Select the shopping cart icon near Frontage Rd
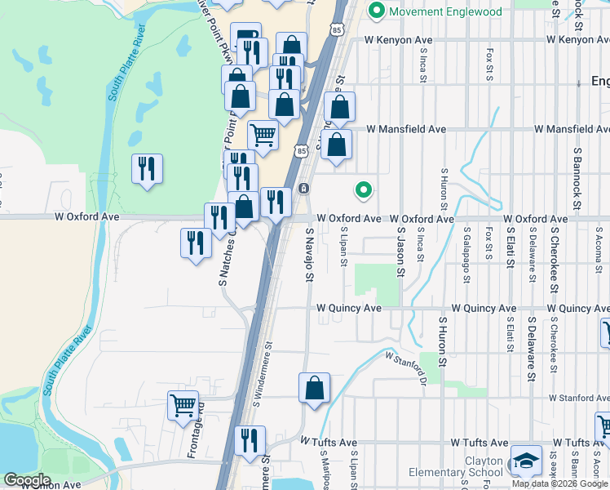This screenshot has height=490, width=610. point(183,404)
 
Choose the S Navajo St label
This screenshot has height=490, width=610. point(309,255)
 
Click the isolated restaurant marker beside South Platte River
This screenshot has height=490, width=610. point(147,168)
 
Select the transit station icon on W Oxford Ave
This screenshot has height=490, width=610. point(303,189)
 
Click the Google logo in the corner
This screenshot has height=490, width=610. point(27,480)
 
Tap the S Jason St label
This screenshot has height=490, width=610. point(400,253)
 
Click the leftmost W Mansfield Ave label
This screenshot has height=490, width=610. point(406,129)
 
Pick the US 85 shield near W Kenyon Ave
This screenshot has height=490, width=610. point(337,29)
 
